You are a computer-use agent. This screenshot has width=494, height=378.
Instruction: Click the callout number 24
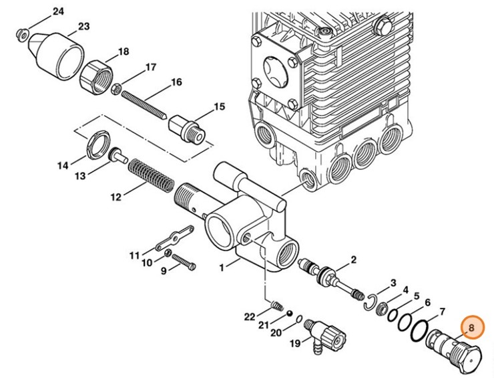tap(58, 12)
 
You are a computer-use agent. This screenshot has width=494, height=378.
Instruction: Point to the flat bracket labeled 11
tap(175, 237)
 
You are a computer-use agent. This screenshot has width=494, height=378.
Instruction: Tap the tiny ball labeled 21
tap(288, 313)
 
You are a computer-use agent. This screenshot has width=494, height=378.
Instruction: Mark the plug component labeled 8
tap(449, 349)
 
